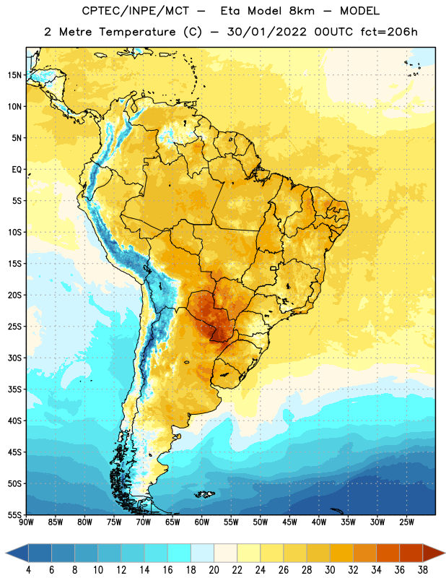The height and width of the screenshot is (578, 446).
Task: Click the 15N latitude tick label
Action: point(14,75)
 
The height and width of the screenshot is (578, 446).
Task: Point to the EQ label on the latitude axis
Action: point(17,170)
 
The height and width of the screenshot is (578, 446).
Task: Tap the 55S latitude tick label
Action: point(14,514)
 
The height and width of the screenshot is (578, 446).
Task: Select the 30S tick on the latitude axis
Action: point(14,358)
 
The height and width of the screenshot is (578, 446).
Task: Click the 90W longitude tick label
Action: point(27,522)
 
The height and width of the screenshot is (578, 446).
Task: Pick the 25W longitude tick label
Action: point(406,522)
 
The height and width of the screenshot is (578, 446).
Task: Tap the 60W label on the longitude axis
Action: point(202,522)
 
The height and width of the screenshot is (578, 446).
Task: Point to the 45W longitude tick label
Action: point(289,522)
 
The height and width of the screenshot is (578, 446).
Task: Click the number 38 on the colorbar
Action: point(423,570)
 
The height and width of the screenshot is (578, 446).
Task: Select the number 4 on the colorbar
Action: point(28,570)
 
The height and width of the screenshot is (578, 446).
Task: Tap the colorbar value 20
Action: point(214,570)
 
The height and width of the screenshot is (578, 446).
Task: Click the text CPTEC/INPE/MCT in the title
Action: point(135,11)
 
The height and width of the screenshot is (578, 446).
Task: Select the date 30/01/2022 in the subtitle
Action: point(267,32)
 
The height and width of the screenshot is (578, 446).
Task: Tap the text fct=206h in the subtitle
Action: point(389,32)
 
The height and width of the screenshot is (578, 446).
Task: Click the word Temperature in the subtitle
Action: point(137,32)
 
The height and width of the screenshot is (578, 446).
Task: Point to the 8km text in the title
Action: point(302,11)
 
